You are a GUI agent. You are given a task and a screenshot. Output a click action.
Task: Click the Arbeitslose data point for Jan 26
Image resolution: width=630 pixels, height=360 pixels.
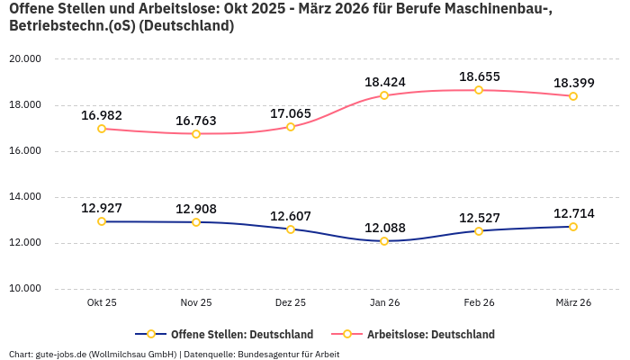[384, 95]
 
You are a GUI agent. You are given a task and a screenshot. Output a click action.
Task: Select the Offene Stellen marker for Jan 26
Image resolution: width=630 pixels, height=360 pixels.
[384, 241]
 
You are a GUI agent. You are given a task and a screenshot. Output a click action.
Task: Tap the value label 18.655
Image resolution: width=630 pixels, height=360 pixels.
[479, 76]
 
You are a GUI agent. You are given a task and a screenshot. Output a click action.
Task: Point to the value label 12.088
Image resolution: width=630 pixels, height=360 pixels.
[384, 228]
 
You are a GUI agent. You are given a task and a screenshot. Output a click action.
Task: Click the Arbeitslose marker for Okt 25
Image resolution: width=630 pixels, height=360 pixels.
[102, 129]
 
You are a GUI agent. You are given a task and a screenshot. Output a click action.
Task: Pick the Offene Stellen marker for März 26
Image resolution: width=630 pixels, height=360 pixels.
[573, 227]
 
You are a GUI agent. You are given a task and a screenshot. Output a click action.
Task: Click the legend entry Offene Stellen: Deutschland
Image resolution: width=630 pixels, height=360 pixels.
[230, 335]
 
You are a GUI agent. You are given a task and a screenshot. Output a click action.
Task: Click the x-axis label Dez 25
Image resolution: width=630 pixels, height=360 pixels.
[290, 303]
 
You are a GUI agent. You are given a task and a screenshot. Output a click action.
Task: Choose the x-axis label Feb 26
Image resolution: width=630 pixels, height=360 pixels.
[479, 303]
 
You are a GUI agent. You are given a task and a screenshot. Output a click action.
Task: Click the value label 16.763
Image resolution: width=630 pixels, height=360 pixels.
[196, 121]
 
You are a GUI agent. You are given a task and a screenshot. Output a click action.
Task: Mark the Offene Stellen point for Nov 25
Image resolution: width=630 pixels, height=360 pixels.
[196, 221]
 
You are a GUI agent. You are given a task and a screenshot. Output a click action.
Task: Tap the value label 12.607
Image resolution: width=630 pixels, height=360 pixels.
[290, 216]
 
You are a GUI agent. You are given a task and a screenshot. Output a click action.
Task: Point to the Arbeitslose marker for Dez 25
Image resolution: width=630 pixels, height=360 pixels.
[291, 127]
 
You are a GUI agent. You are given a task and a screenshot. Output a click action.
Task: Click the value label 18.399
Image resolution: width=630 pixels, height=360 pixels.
[573, 83]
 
